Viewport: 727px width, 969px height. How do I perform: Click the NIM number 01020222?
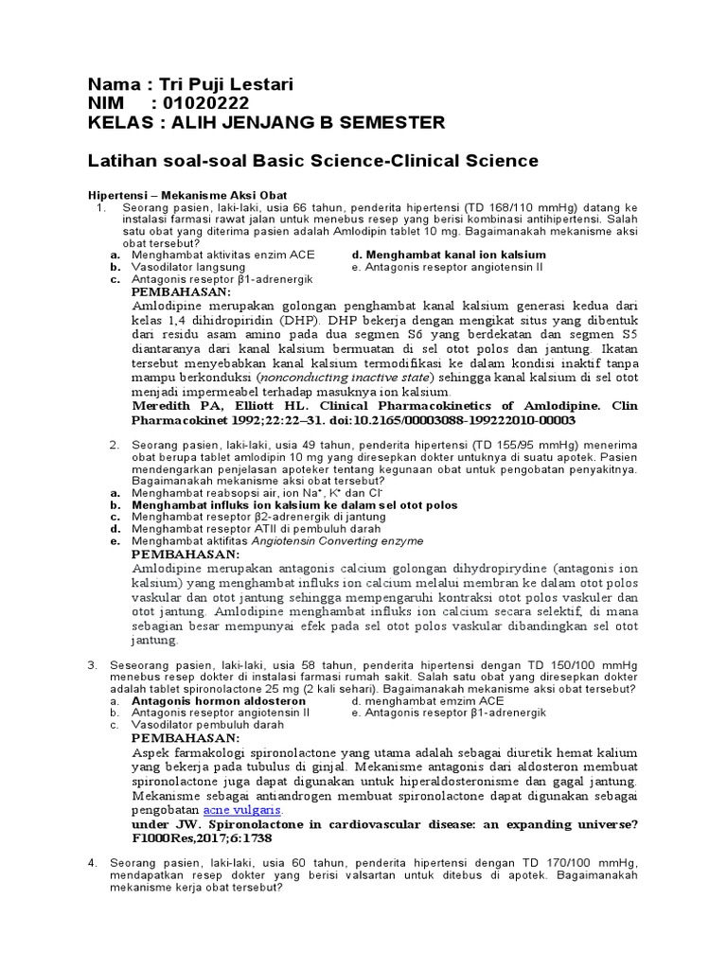click(205, 104)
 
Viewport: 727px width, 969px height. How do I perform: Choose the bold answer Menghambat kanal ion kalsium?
click(448, 255)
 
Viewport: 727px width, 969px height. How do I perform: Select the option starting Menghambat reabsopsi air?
click(226, 493)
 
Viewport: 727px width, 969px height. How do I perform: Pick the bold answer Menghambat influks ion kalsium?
click(294, 505)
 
